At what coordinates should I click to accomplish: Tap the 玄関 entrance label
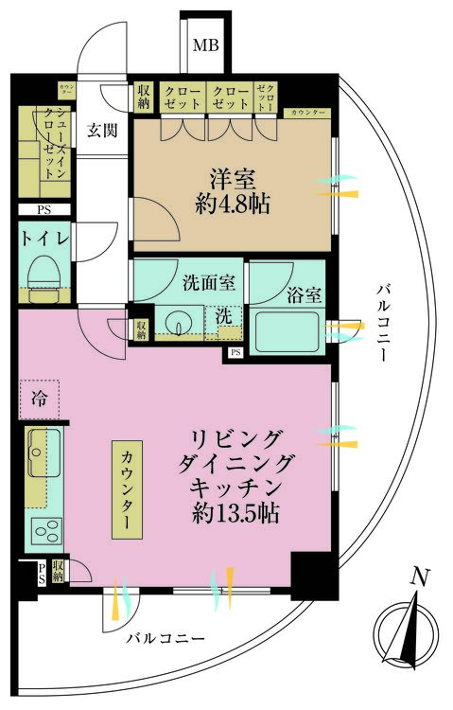pos(102,132)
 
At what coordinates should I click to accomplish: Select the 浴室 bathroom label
pos(305,294)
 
